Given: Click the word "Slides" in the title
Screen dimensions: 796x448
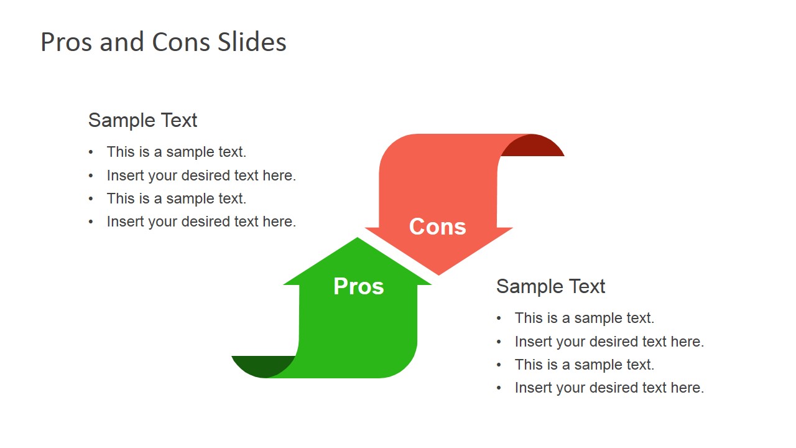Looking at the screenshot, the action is (x=252, y=42).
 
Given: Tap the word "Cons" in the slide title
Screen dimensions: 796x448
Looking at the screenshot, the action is (x=181, y=42).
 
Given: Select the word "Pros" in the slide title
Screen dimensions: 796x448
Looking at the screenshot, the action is (x=67, y=42).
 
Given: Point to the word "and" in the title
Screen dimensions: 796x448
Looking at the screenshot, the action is (x=121, y=42).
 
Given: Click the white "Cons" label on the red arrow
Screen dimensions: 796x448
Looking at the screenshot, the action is (x=437, y=226).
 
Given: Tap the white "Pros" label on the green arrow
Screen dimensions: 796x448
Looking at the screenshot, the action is (x=359, y=286).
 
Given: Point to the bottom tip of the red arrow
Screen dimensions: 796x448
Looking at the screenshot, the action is (x=438, y=275).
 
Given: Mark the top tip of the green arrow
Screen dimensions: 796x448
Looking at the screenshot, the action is (x=357, y=238).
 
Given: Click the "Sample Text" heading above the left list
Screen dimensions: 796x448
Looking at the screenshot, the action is (x=142, y=120).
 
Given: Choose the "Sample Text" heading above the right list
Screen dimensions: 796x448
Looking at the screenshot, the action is (x=550, y=286).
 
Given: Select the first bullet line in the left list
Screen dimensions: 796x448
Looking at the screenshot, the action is (x=176, y=152).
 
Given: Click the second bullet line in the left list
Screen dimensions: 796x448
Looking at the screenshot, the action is (x=201, y=175).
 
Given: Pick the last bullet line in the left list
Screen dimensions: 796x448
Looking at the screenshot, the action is (x=201, y=222).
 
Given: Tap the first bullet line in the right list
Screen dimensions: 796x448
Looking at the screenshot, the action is (x=584, y=318).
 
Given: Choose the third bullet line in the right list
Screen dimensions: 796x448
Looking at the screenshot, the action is (x=584, y=365).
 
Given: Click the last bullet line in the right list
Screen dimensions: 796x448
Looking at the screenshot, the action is (x=609, y=388).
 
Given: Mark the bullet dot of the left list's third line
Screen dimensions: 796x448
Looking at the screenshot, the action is (x=91, y=198).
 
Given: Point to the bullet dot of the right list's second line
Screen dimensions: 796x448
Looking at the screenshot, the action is (x=499, y=342).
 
